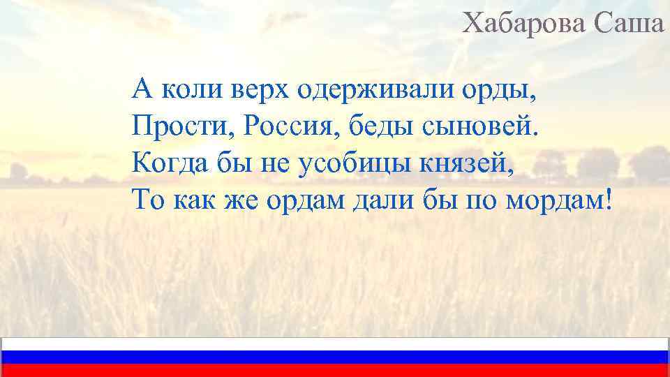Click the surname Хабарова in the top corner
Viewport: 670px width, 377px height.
[526, 24]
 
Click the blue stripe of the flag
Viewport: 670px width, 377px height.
[335, 357]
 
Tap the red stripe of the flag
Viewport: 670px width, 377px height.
[335, 371]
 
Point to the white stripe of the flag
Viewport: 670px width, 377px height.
[335, 344]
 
